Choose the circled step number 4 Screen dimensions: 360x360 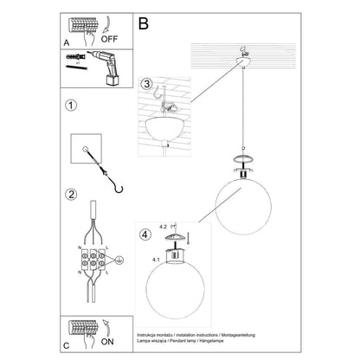pyautogui.click(x=146, y=234)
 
